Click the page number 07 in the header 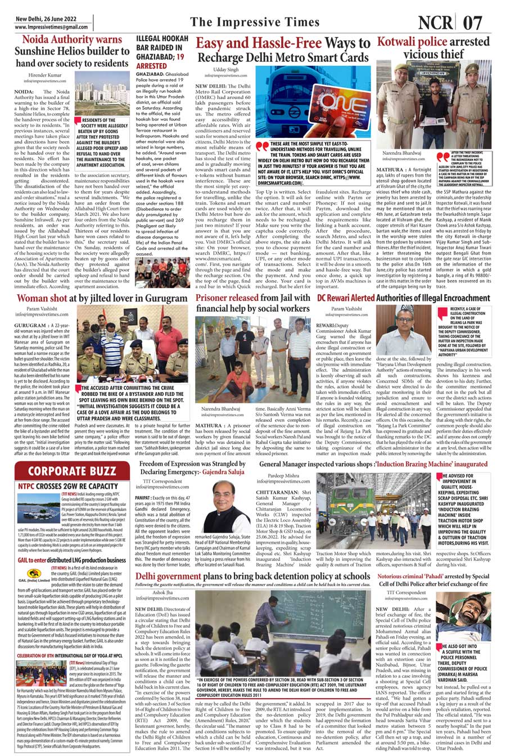point(474,23)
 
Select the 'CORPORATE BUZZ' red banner point(73,470)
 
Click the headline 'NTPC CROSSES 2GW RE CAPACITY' point(68,486)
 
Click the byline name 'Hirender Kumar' point(45,74)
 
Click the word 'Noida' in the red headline point(38,40)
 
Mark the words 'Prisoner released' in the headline point(227,297)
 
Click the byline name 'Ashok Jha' point(162,592)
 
